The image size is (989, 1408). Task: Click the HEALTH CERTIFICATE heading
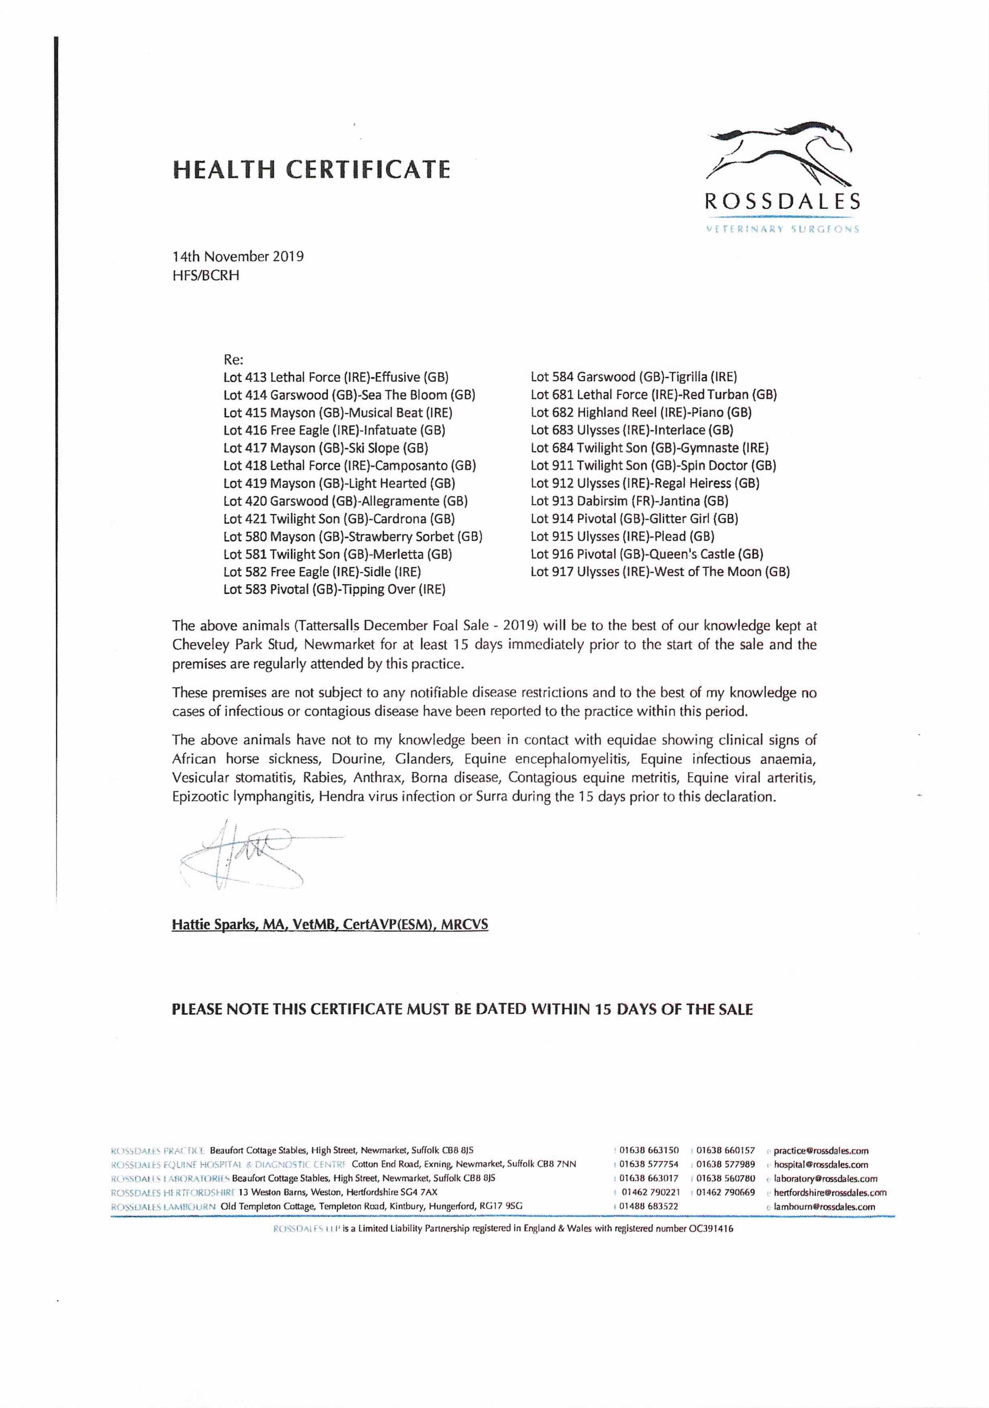click(x=312, y=169)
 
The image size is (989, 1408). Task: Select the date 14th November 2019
click(x=238, y=256)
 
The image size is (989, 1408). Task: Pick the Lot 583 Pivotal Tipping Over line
click(x=334, y=589)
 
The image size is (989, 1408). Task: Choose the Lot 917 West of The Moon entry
click(x=660, y=572)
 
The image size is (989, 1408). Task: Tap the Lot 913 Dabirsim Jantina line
click(x=629, y=501)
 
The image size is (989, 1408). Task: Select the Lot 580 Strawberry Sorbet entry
click(x=353, y=537)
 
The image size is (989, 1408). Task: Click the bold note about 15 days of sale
click(x=462, y=1009)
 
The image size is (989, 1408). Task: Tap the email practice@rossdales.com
click(x=821, y=1150)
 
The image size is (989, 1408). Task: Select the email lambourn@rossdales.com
click(x=824, y=1206)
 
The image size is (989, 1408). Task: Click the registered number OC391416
click(x=710, y=1228)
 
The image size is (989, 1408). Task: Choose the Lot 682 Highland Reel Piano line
click(x=641, y=413)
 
